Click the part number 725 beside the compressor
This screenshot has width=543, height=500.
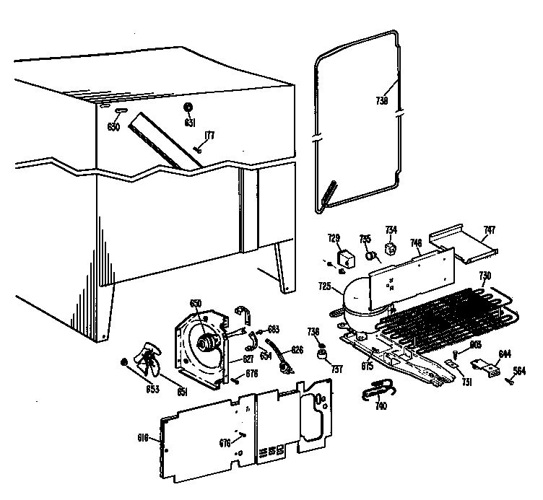(324, 286)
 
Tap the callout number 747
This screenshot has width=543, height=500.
(490, 231)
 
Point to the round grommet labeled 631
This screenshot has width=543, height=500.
(188, 108)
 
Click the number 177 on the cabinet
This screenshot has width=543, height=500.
(209, 135)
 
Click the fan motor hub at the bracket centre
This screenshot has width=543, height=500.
(210, 344)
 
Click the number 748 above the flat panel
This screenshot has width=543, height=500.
(416, 242)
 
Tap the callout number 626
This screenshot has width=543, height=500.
(296, 350)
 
